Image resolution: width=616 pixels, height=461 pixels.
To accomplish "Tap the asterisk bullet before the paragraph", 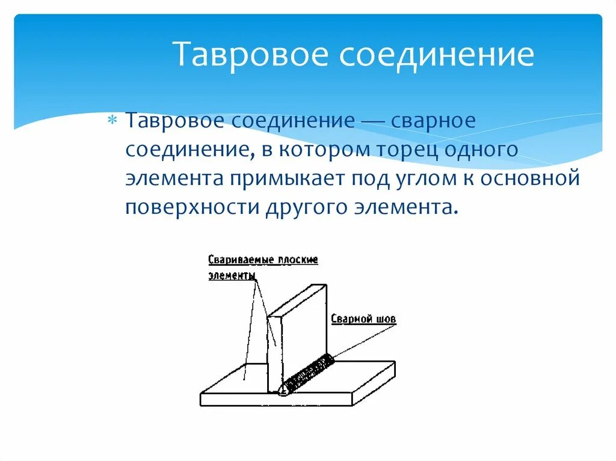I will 112,121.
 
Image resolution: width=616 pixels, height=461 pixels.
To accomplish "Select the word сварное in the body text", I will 434,121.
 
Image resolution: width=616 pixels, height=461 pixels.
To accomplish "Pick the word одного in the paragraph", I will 481,150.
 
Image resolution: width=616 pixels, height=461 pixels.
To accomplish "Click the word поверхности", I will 192,207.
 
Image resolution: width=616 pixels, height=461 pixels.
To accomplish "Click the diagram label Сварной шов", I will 363,319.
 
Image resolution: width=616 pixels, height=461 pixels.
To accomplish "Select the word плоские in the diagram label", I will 298,260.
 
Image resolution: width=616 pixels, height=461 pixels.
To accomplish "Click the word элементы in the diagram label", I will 232,275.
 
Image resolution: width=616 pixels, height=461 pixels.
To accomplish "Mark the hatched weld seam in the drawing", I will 310,374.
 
